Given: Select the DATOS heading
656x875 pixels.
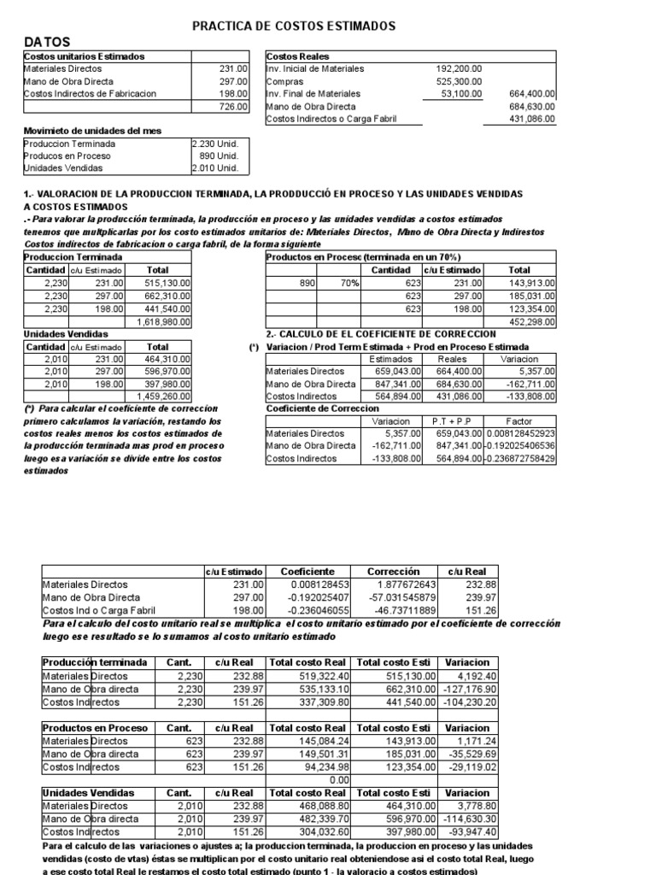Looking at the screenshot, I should [48, 42].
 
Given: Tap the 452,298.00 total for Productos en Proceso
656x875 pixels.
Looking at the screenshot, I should [531, 321].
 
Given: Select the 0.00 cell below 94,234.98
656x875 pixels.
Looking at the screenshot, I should [337, 780].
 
